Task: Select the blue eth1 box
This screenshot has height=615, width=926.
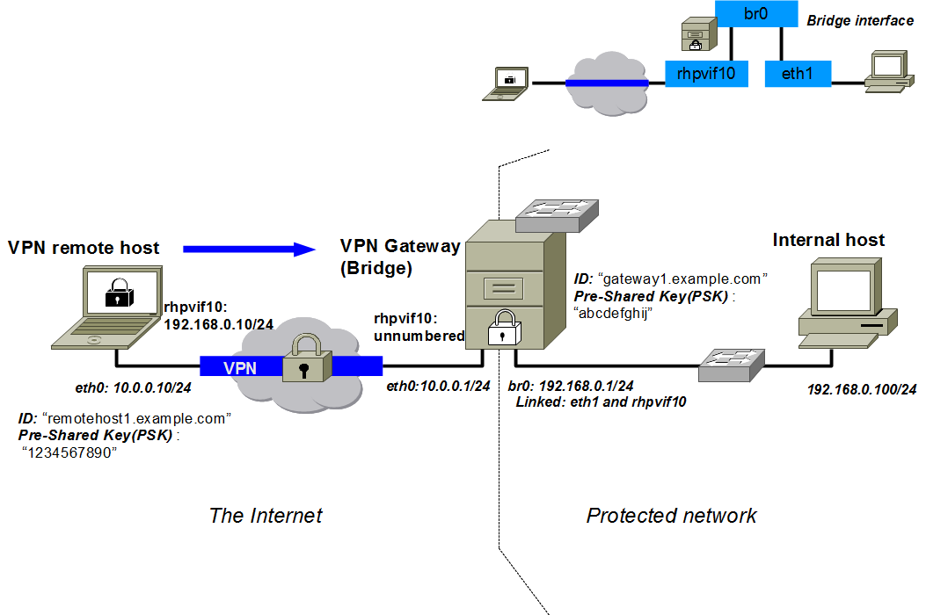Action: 798,74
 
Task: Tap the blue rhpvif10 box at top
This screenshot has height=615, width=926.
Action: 706,74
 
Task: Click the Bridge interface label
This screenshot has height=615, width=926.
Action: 860,20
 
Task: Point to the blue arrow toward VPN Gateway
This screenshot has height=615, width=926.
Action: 250,250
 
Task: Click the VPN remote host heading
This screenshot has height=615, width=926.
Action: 84,248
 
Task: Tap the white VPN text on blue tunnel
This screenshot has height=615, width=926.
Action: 240,368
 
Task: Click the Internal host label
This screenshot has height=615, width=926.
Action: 828,240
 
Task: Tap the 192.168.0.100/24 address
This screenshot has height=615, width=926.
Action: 862,389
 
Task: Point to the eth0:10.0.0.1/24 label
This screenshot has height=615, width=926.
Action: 437,387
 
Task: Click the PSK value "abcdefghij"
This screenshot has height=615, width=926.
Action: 612,314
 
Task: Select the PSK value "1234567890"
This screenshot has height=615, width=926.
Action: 69,452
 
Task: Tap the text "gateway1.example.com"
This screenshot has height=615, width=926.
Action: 683,279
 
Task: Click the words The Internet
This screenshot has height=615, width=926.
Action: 266,516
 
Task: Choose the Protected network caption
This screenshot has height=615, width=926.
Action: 671,516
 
